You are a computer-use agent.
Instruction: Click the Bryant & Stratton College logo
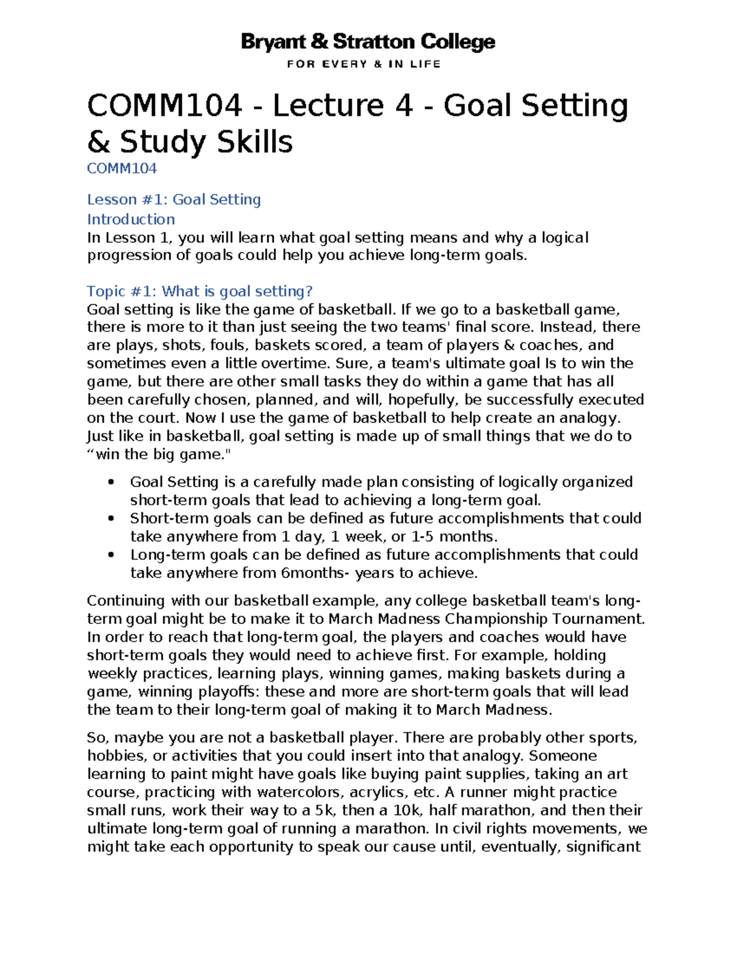(x=368, y=42)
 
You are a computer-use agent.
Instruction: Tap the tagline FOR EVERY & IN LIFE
(x=364, y=64)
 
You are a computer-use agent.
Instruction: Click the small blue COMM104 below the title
(x=122, y=168)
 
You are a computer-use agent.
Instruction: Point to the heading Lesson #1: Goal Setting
(x=174, y=199)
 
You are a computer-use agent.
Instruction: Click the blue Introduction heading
(x=131, y=219)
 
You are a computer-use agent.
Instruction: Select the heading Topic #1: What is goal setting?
(x=200, y=291)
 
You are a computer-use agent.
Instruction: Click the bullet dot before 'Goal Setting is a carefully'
(x=111, y=482)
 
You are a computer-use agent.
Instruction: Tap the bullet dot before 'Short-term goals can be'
(x=111, y=519)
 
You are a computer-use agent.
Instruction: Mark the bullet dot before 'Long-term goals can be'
(x=111, y=555)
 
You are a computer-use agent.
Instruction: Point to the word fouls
(x=227, y=345)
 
